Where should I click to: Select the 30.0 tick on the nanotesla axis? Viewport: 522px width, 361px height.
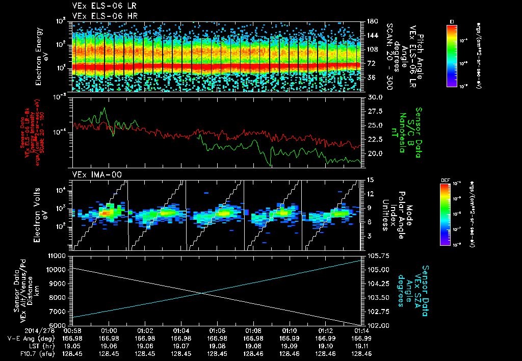click(x=375, y=97)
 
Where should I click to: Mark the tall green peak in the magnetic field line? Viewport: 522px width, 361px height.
click(x=105, y=109)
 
